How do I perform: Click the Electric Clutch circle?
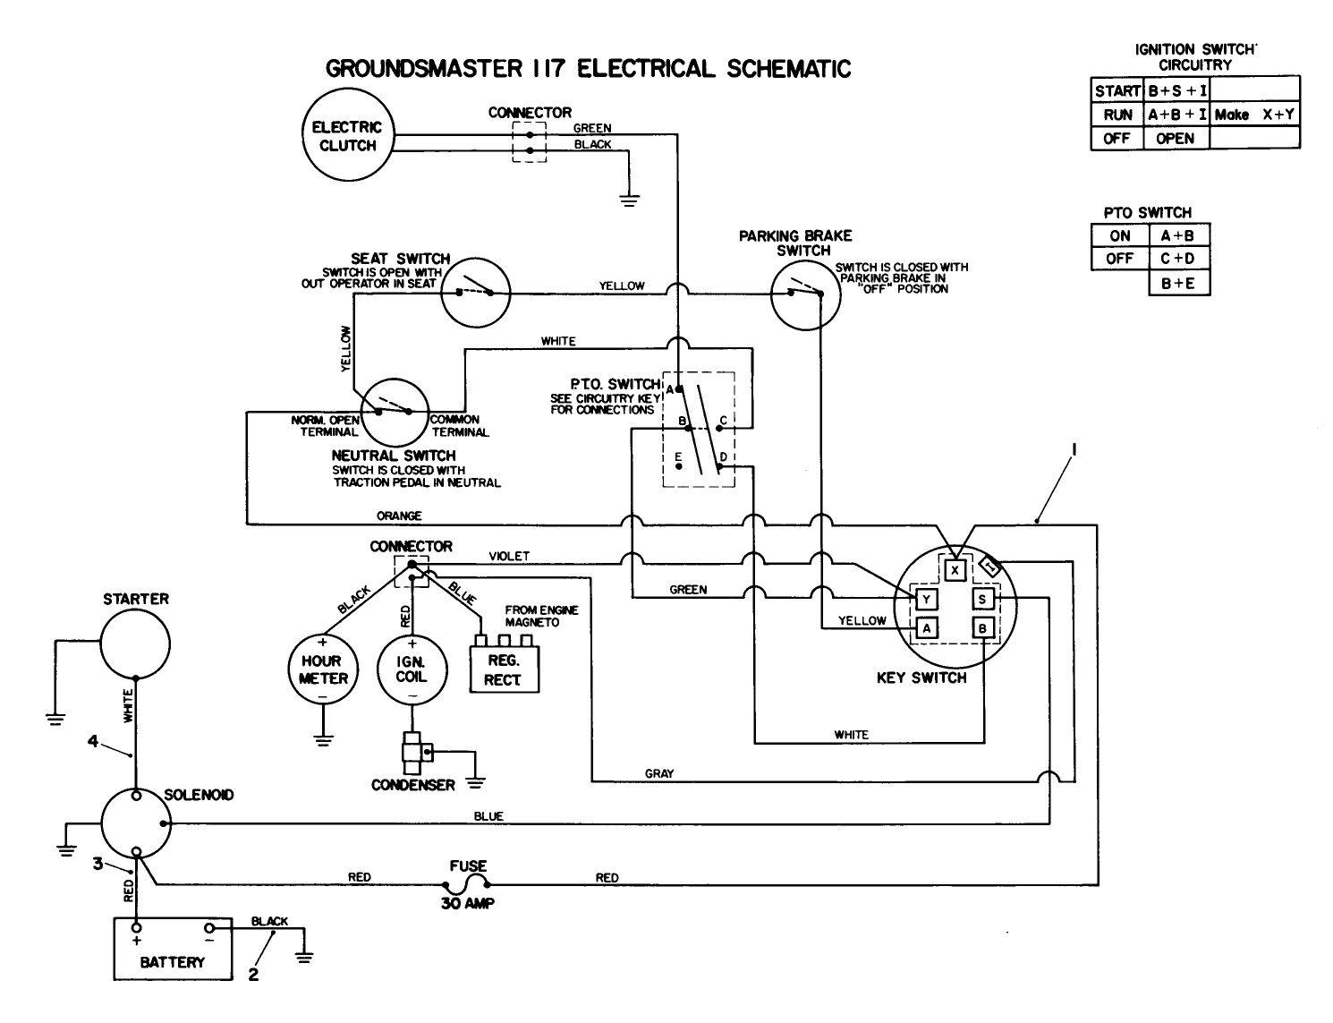coord(347,137)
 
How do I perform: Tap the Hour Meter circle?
coord(322,669)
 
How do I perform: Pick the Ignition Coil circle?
coord(412,669)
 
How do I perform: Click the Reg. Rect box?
coord(504,670)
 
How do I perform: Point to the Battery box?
coord(173,950)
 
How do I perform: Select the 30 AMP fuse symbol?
coord(468,884)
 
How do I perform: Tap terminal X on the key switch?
coord(955,569)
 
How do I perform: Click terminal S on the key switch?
coord(982,599)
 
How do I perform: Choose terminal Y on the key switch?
coord(927,599)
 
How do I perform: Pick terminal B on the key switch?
coord(982,628)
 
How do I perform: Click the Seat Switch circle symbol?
coord(475,292)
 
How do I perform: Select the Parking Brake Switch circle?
coord(805,293)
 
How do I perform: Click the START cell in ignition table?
coord(1117,90)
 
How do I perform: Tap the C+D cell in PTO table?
coord(1178,259)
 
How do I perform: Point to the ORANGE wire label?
coord(399,516)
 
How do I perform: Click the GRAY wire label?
coord(659,773)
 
